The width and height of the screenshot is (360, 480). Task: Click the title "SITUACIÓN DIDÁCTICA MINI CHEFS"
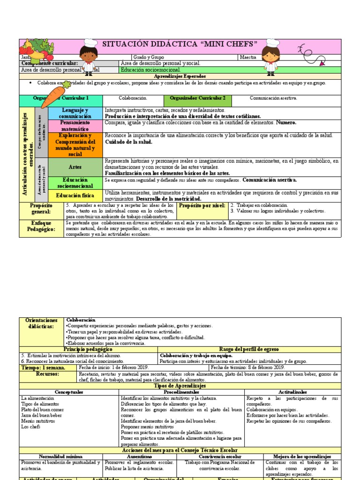[x=180, y=44]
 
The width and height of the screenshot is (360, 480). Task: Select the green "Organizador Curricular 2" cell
[x=197, y=98]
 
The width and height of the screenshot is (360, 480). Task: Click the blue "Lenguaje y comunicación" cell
[x=75, y=113]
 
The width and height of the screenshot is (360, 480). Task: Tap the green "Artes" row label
[x=75, y=167]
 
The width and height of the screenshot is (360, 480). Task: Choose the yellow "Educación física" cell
[x=75, y=195]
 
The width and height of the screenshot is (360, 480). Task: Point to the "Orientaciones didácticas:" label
[x=41, y=323]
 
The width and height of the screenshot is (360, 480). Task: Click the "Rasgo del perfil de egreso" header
[x=248, y=349]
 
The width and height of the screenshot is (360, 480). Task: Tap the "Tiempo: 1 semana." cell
[x=43, y=367]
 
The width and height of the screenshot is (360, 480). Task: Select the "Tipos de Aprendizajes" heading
[x=180, y=385]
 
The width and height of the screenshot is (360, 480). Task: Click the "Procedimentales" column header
[x=181, y=391]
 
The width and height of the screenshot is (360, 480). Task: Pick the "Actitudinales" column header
[x=293, y=391]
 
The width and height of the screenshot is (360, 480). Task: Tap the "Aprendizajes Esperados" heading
[x=180, y=76]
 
